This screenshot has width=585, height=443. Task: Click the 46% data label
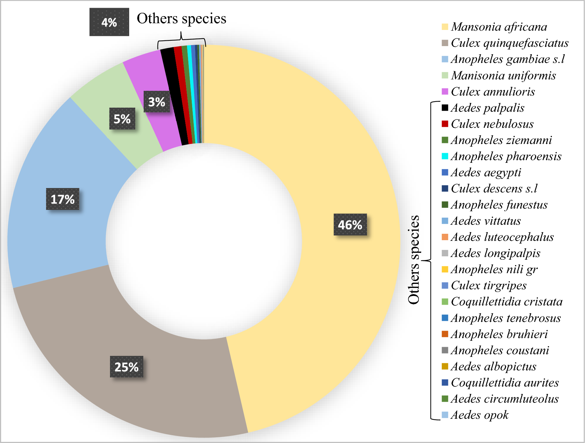[x=350, y=225]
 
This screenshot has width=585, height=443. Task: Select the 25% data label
[x=126, y=367]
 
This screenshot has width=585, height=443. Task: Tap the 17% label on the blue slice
[x=63, y=199]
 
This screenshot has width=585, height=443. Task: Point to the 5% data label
[x=122, y=119]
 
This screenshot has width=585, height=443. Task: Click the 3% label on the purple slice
[x=156, y=102]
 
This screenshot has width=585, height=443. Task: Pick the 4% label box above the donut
[x=109, y=22]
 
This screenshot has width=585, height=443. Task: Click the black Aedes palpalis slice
[x=174, y=98]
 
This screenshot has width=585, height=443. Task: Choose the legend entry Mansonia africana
[x=499, y=27]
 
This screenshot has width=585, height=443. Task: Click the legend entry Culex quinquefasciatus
[x=509, y=43]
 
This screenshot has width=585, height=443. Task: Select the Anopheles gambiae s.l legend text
[x=507, y=59]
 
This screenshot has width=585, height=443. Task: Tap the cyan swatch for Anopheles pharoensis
[x=445, y=156]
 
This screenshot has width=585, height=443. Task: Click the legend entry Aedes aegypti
[x=486, y=173]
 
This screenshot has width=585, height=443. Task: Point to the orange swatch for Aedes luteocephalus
[x=445, y=237]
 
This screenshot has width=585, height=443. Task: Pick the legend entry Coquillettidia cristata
[x=506, y=302]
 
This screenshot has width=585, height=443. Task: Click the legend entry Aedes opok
[x=479, y=415]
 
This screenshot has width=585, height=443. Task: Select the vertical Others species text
[x=414, y=260]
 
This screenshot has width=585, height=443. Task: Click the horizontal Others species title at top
[x=181, y=19]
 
